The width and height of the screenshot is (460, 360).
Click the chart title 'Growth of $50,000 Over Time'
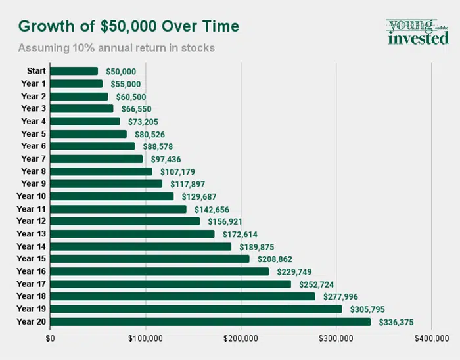[x=128, y=26]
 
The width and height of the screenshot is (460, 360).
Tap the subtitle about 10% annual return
[x=116, y=49]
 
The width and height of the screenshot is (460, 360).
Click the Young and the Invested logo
[x=417, y=32]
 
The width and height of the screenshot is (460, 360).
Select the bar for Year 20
[x=210, y=322]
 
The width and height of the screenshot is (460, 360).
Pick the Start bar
[x=74, y=71]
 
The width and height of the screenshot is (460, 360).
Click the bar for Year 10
[x=112, y=196]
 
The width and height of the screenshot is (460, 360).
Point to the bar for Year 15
[x=150, y=259]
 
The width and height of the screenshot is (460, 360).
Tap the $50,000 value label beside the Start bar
[x=121, y=71]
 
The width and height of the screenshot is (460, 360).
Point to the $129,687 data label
[x=197, y=196]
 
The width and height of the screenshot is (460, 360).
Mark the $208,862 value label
[x=275, y=259]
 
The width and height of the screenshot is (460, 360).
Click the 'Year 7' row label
[x=34, y=159]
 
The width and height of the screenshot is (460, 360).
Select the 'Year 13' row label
[x=32, y=234]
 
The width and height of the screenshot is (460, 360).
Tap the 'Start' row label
[x=36, y=71]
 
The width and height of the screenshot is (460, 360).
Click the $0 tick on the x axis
[x=51, y=339]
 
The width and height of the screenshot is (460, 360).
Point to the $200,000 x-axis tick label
[x=241, y=339]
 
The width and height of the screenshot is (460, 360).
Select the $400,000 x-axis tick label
[x=431, y=339]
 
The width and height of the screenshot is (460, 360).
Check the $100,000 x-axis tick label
[x=145, y=339]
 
